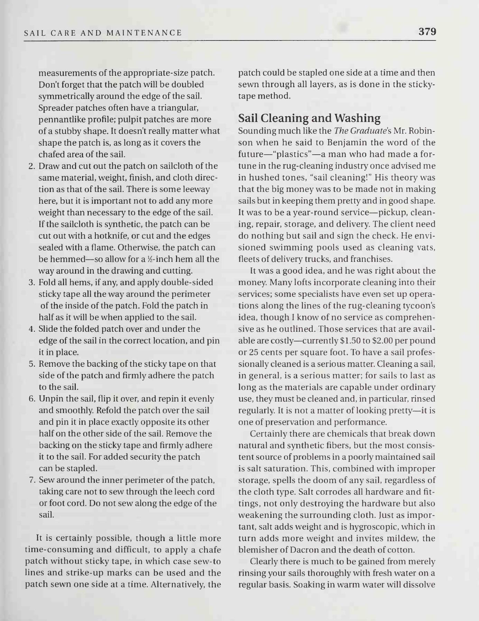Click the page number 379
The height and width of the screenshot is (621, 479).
tap(427, 32)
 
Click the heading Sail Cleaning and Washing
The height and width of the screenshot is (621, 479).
tap(309, 118)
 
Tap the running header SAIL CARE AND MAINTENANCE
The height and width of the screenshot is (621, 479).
tap(103, 33)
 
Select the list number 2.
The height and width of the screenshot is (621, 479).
tap(32, 166)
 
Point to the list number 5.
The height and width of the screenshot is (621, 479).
tap(32, 364)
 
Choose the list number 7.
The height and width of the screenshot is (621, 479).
tap(32, 480)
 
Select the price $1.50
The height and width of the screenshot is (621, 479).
tap(352, 341)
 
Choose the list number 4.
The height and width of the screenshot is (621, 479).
tap(32, 329)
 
